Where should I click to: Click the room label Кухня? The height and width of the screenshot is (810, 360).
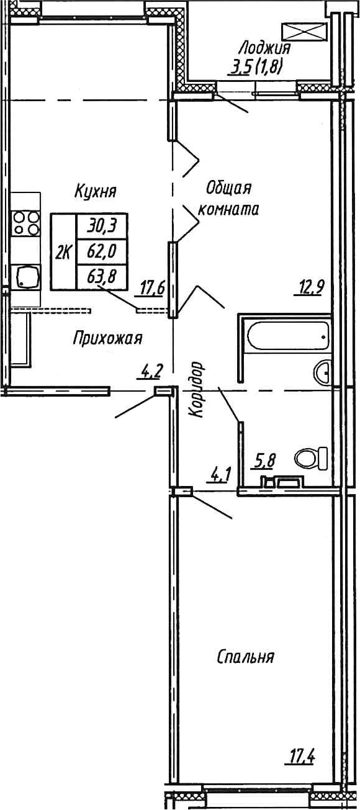point(96,190)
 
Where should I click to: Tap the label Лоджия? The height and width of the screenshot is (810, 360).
point(264,48)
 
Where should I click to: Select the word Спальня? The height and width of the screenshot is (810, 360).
point(246,657)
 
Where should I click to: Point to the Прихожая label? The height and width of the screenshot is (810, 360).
point(107,339)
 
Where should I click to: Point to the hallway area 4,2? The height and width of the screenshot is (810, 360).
point(151,372)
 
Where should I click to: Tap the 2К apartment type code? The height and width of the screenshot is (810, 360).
point(63,252)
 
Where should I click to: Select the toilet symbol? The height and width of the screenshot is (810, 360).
point(312,459)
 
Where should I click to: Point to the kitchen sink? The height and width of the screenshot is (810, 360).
point(27,276)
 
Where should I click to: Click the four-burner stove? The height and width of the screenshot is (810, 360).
point(25,223)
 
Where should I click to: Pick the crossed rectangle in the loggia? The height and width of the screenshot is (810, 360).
point(304,31)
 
